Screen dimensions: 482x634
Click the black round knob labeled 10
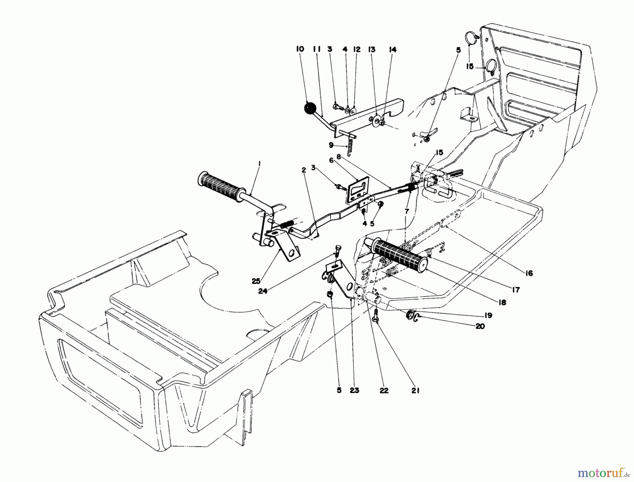310,108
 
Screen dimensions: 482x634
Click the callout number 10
300,49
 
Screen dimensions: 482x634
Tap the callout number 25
256,281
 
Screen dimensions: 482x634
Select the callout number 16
529,273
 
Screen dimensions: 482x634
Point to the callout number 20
480,326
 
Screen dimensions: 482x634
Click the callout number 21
415,391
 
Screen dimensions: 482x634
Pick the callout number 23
354,391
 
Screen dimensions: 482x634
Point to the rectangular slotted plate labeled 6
356,190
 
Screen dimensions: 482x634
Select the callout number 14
393,50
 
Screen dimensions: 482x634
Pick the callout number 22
384,391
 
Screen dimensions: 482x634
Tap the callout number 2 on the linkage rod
304,170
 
